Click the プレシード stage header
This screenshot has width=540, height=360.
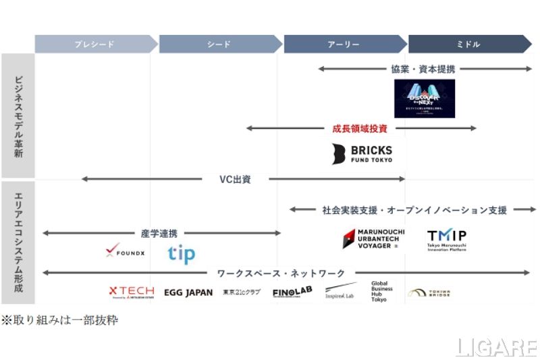click(x=94, y=44)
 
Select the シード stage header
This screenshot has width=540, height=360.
click(x=219, y=44)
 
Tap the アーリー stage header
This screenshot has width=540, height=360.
click(x=344, y=44)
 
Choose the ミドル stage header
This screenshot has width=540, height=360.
click(x=468, y=44)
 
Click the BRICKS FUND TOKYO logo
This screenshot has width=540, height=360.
click(x=362, y=153)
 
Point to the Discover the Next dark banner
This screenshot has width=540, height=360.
click(x=425, y=99)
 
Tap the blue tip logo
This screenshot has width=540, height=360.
click(x=181, y=254)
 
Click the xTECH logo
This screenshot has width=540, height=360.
click(x=132, y=292)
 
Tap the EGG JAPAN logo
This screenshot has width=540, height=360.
click(x=188, y=292)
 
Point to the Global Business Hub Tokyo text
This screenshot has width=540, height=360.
click(x=382, y=290)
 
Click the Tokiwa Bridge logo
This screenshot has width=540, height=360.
click(x=429, y=293)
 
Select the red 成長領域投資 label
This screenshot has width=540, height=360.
click(x=360, y=128)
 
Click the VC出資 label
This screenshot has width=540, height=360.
click(x=236, y=179)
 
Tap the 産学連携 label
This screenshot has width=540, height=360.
click(x=159, y=233)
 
